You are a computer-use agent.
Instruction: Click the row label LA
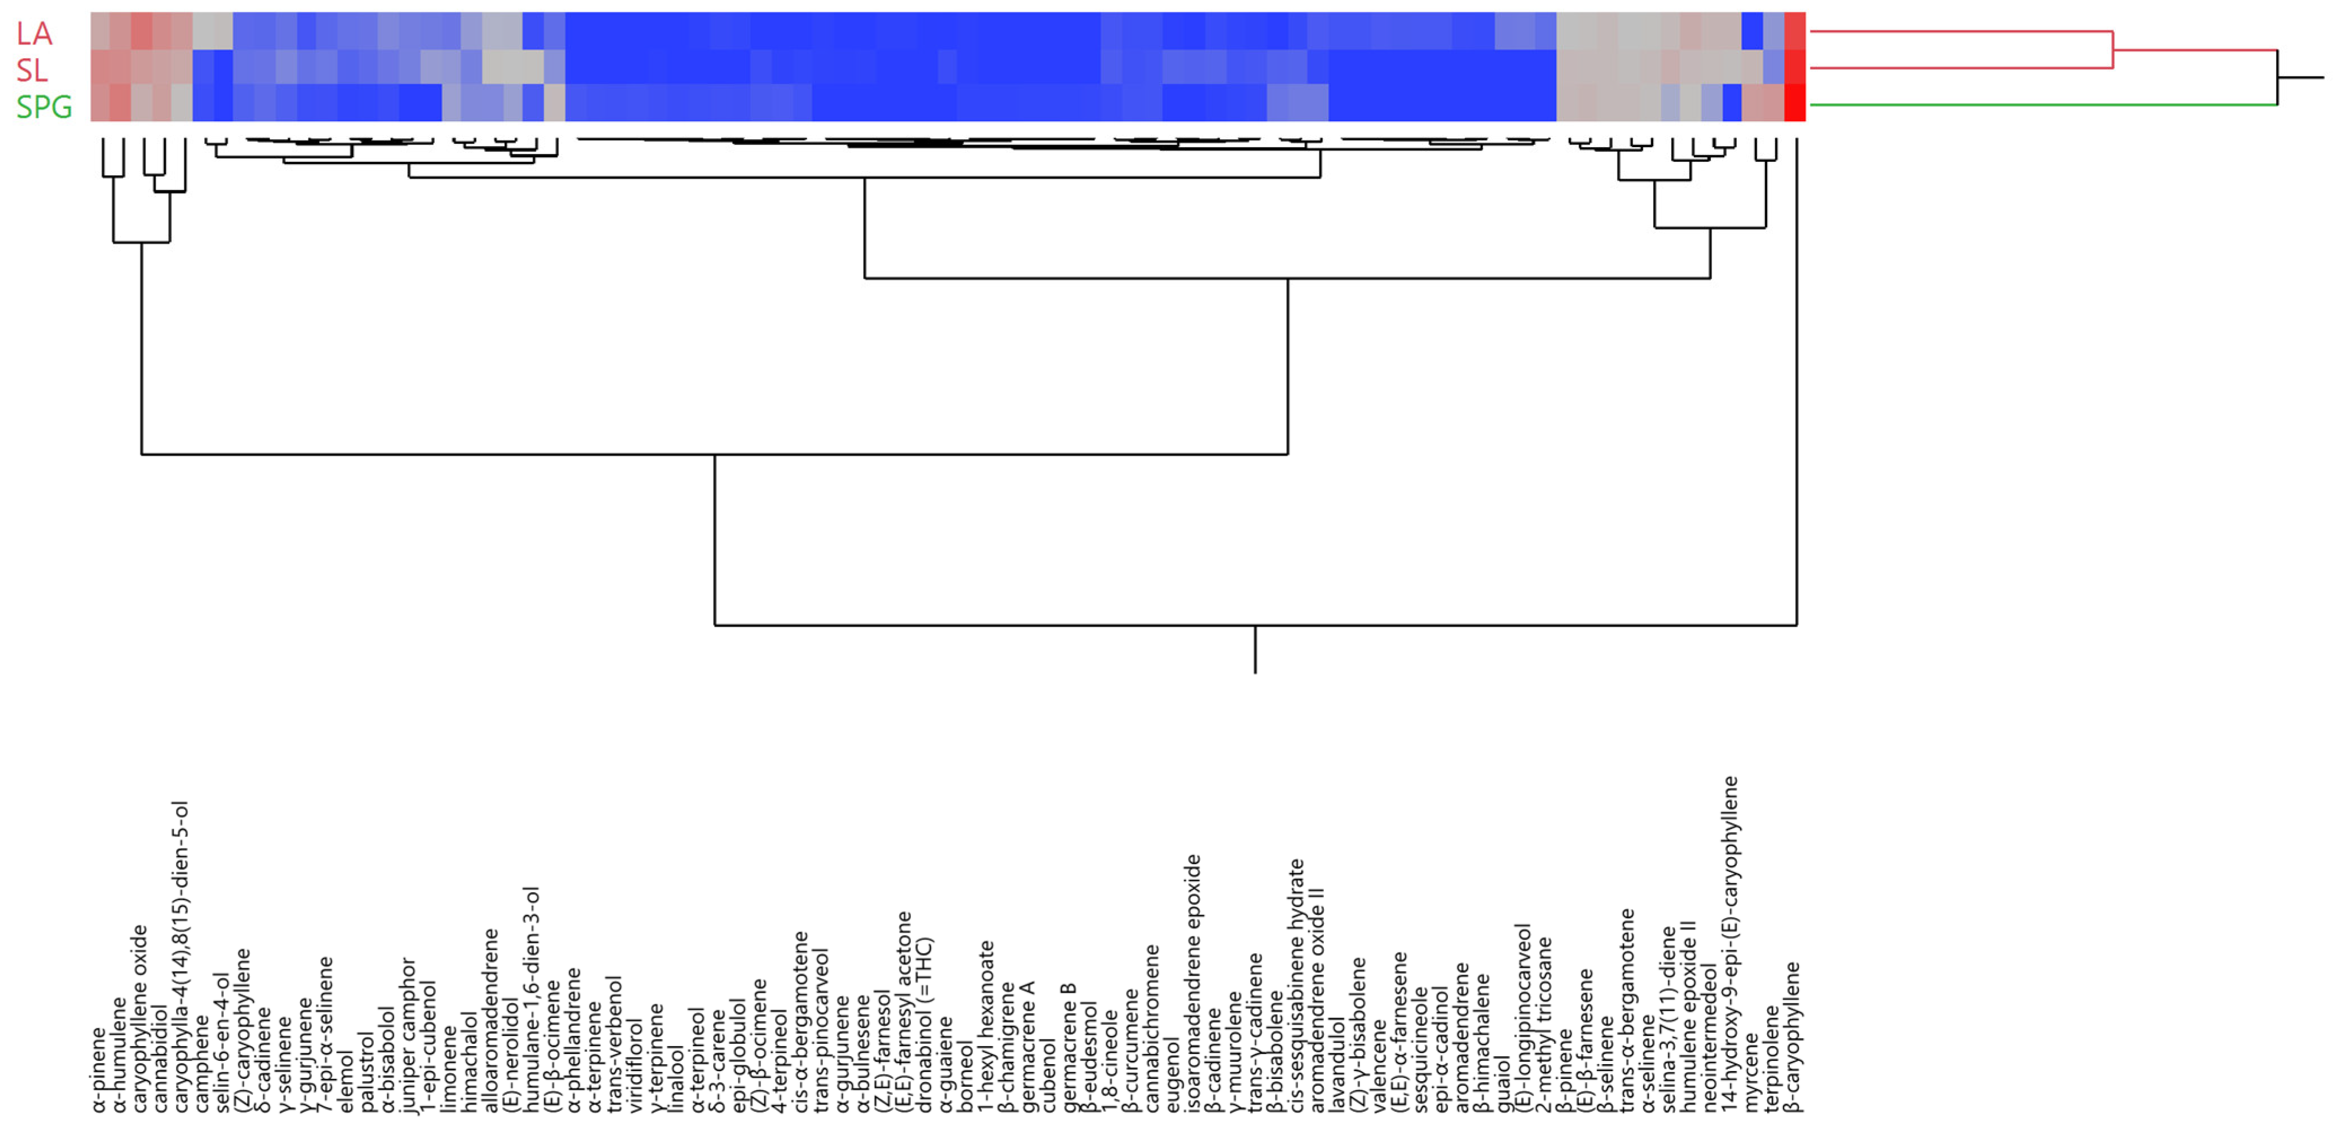[x=34, y=34]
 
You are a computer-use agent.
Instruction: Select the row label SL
[x=32, y=70]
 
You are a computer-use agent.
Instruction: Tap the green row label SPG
[x=43, y=107]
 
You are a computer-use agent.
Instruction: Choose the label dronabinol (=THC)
[x=925, y=1024]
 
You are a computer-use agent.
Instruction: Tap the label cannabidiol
[x=161, y=1057]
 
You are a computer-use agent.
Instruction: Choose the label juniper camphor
[x=408, y=1034]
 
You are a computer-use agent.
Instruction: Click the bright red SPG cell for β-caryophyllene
[x=1794, y=103]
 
